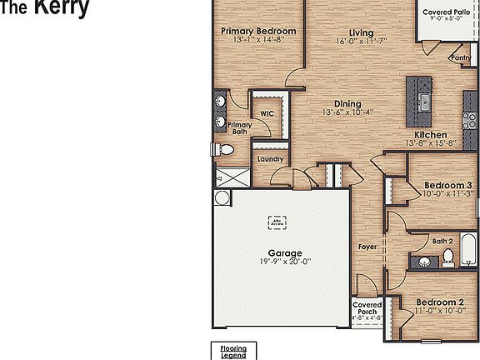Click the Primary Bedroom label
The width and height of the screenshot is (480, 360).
(x=258, y=31)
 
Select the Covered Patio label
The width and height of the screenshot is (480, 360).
(x=446, y=12)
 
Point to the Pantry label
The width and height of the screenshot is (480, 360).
(x=460, y=57)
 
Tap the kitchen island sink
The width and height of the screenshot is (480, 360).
(x=424, y=102)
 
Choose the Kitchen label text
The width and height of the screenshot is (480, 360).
(x=431, y=134)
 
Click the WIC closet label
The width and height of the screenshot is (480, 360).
(x=267, y=114)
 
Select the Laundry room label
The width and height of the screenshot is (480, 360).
(x=270, y=158)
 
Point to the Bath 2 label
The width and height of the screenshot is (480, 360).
(x=442, y=241)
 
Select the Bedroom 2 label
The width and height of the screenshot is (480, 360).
(x=439, y=301)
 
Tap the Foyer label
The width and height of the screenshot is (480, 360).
(x=367, y=247)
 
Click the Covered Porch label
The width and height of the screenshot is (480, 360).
(x=367, y=308)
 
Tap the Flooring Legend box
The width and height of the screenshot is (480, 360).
(x=232, y=351)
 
